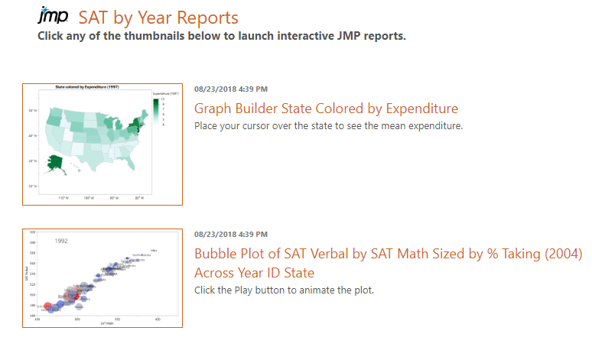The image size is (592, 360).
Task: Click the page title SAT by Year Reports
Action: click(158, 18)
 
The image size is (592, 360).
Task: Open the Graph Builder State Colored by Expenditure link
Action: click(326, 109)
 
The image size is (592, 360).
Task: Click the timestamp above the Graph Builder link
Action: click(231, 89)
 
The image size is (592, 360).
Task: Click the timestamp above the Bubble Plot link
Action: click(231, 234)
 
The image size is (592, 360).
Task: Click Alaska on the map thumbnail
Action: click(55, 162)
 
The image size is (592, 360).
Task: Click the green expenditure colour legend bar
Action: click(156, 111)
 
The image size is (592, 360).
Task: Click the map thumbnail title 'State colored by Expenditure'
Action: click(93, 89)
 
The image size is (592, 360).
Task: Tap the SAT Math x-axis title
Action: click(96, 324)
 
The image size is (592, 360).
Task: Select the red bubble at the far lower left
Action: click(47, 306)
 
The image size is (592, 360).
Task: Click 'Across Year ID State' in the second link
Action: click(254, 273)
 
